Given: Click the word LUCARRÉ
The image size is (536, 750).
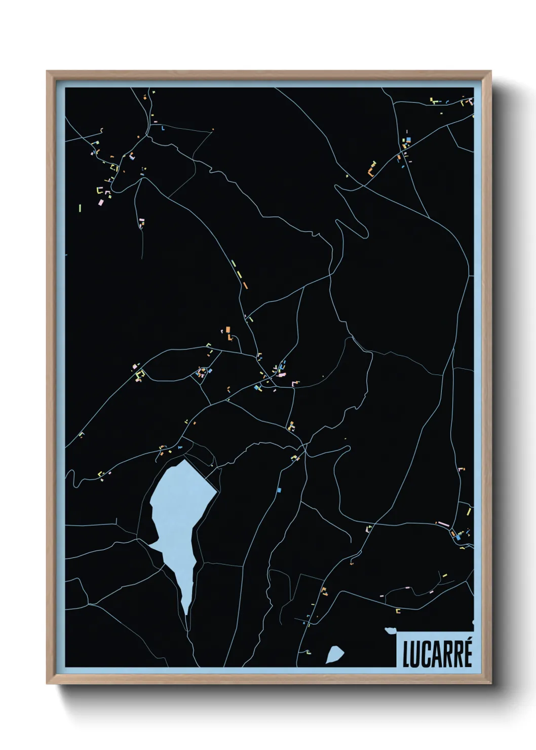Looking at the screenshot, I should (x=437, y=653).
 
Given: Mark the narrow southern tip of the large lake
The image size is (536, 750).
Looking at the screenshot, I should (x=186, y=611).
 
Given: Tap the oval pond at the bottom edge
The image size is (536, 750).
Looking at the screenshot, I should (x=334, y=654).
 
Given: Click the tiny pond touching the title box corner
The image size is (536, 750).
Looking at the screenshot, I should (x=390, y=631).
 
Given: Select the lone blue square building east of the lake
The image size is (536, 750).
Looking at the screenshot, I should (x=279, y=490).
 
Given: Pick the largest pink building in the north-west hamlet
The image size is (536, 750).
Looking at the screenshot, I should (x=101, y=202).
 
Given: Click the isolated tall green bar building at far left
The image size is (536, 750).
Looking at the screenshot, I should (x=80, y=207).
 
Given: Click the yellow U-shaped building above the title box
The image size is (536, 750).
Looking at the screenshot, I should (x=398, y=611).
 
